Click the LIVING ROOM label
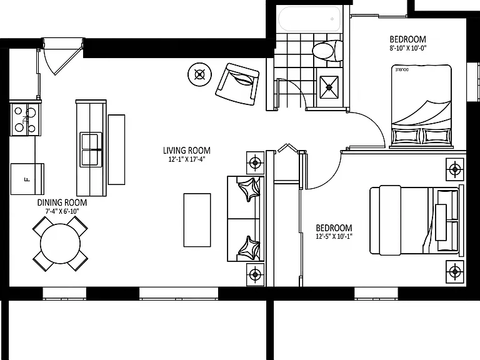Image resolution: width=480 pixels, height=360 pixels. [x=186, y=151]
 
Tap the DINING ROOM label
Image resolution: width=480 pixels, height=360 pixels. [x=62, y=202]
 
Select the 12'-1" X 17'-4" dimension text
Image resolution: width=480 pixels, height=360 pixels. [x=186, y=159]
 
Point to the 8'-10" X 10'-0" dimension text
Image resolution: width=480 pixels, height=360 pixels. [x=407, y=47]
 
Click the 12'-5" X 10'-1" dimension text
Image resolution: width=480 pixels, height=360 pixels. [x=334, y=236]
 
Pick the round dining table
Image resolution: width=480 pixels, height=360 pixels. [x=60, y=244]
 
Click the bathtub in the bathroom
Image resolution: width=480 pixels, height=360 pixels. [x=309, y=19]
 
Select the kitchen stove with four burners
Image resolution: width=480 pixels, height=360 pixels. [x=25, y=119]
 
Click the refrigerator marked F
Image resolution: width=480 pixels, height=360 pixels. [x=27, y=179]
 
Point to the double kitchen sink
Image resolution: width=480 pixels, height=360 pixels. [x=91, y=150]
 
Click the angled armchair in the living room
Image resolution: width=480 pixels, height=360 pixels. [x=237, y=84]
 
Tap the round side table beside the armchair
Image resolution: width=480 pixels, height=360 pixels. [x=199, y=74]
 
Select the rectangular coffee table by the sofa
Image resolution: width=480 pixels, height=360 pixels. [x=197, y=220]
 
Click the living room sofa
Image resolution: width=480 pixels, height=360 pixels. [x=246, y=219]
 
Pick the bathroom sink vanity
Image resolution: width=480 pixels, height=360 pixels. [x=329, y=87]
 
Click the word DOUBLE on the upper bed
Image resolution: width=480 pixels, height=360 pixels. [x=402, y=70]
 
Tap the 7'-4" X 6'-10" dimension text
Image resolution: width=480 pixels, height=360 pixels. [x=62, y=211]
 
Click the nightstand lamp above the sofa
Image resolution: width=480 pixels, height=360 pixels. [x=255, y=163]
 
